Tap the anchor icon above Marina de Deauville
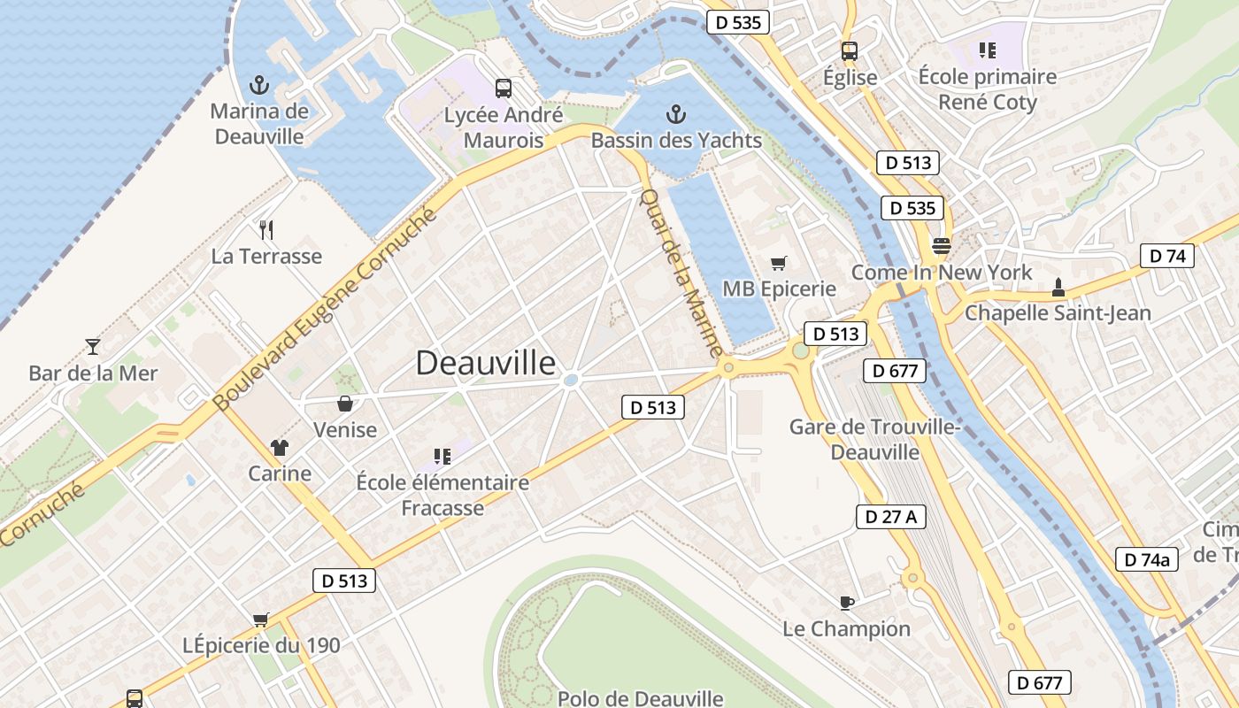pos(259,85)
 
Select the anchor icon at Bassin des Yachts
pos(676,114)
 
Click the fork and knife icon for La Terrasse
pos(266,230)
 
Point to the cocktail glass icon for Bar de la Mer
pos(93,346)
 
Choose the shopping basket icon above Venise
pos(345,404)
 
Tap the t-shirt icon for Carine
pos(280,448)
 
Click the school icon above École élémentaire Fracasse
pos(442,457)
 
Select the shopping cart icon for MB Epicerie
pos(779,263)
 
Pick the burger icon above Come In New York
pos(941,245)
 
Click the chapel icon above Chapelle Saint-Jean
pos(1058,287)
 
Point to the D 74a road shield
pos(1146,559)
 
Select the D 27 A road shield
pos(890,517)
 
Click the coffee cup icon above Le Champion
pos(846,603)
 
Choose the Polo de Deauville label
pos(640,698)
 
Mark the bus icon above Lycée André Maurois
pos(504,88)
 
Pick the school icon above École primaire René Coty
pos(987,50)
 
